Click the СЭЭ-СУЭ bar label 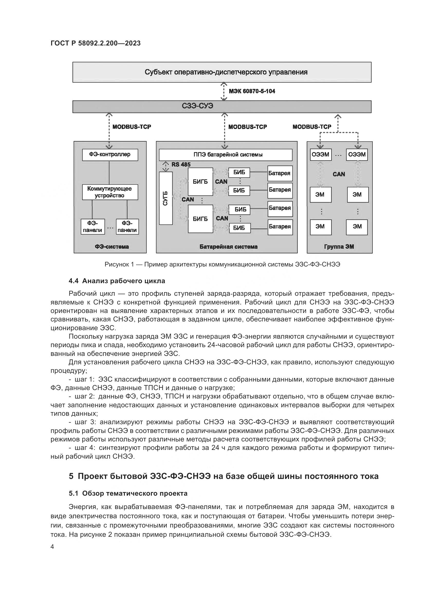(197, 106)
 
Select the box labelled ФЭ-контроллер (110, 154)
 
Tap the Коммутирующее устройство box (110, 192)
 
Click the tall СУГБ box (166, 198)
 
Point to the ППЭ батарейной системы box (225, 155)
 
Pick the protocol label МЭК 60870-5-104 (252, 91)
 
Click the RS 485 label (181, 165)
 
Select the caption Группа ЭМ (339, 247)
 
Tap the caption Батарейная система (228, 247)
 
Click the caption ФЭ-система (112, 247)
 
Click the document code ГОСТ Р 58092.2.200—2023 (96, 43)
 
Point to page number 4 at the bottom (52, 547)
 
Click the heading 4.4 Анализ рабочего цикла (117, 281)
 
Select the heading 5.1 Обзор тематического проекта (128, 493)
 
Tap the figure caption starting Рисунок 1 (222, 264)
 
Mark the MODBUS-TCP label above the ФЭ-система (132, 127)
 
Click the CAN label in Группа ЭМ (339, 174)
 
